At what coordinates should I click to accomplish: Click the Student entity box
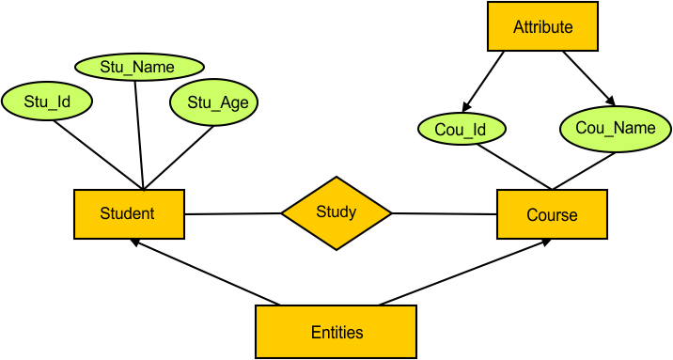(129, 213)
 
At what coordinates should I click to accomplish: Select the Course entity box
(552, 214)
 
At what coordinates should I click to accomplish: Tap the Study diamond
(336, 212)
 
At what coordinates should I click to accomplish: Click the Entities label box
(336, 332)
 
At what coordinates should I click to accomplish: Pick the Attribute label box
(542, 27)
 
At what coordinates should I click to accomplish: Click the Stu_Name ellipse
(138, 67)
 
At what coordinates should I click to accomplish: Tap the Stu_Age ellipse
(214, 102)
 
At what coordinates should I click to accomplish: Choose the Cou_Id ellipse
(461, 129)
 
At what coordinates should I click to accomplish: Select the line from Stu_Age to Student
(179, 154)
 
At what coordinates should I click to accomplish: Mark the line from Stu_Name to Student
(139, 132)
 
